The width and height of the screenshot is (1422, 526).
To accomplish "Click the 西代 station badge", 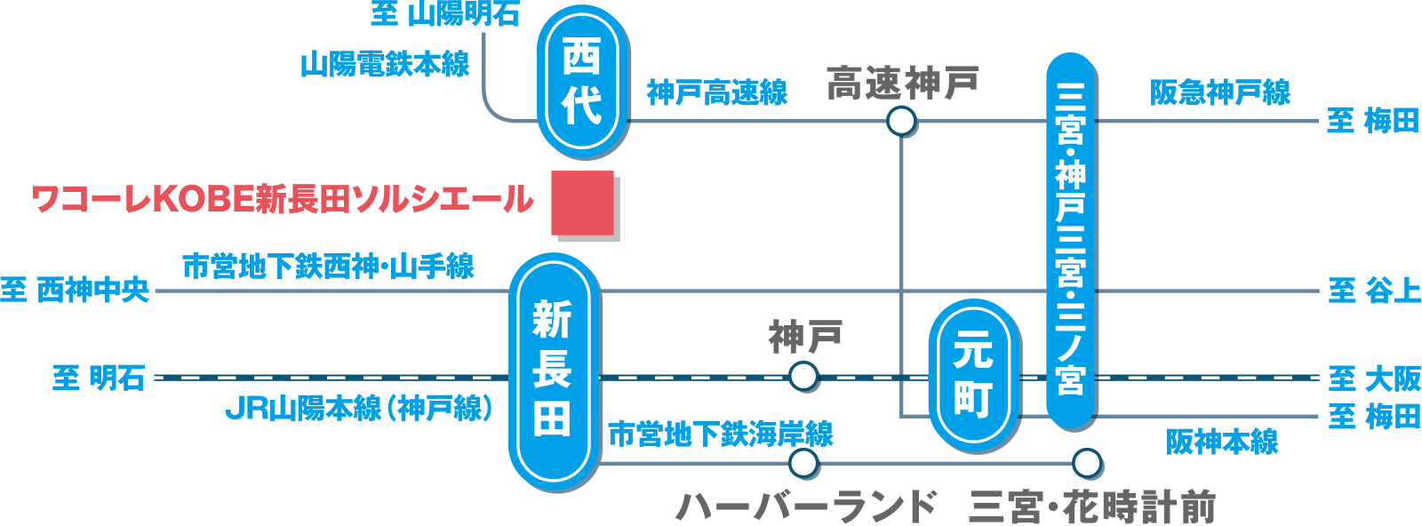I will tap(582, 82).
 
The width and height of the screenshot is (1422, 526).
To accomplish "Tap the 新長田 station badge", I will tap(554, 371).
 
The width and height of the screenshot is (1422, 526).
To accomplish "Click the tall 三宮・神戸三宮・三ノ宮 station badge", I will tap(1071, 240).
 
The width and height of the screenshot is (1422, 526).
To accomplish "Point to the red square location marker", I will tap(582, 203).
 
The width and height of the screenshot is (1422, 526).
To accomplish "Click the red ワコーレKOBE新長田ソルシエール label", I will tap(283, 200).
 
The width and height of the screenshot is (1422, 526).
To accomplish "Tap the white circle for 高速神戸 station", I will tap(901, 121).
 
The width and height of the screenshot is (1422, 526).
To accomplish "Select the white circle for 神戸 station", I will tap(803, 377).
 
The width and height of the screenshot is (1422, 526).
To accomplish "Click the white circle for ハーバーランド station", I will tap(803, 463).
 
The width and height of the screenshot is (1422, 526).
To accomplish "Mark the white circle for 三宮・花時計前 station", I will tap(1087, 463).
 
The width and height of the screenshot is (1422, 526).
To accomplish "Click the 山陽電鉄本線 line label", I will tap(384, 64).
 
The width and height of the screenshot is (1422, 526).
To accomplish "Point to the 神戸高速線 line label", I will tap(717, 92).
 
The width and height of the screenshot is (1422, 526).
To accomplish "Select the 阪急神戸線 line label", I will tap(1220, 92).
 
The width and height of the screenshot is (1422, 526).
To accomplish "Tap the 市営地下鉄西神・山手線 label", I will tap(328, 266).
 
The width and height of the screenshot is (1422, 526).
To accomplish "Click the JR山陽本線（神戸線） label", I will tap(358, 409).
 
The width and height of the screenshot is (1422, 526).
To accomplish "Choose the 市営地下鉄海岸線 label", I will tap(720, 434).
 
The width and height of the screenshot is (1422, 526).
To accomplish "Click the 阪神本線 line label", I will tap(1222, 442).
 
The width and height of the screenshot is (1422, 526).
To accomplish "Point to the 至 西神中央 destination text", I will tap(75, 290).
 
